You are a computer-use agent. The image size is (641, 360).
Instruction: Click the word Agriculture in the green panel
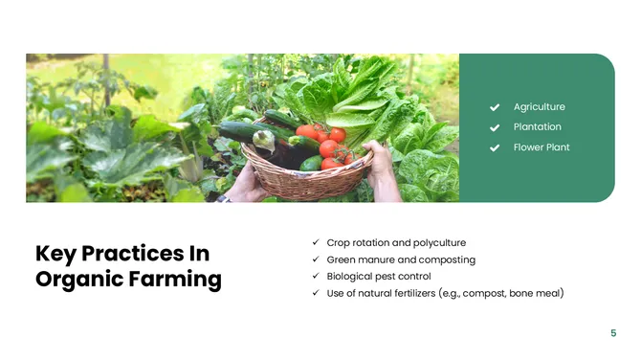point(539,107)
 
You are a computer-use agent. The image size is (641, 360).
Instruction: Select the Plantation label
point(537,127)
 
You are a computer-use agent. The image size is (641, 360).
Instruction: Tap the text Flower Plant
point(542,147)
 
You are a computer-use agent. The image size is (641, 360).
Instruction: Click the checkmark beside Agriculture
point(495,107)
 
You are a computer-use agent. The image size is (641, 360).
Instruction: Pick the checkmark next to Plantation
point(495,127)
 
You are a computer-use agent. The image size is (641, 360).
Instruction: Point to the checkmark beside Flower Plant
point(495,147)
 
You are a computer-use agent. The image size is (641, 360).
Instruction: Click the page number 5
point(613,333)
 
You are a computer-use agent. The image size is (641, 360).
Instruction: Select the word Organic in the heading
point(78,280)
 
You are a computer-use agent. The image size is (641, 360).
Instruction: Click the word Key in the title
point(55,253)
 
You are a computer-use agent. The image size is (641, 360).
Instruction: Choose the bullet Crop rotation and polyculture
point(396,243)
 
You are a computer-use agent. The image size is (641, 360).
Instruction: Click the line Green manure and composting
point(401,259)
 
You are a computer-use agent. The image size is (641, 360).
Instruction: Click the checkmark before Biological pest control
point(316,276)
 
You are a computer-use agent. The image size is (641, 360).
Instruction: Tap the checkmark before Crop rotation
point(316,243)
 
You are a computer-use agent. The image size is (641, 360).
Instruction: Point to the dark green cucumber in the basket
point(239,132)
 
